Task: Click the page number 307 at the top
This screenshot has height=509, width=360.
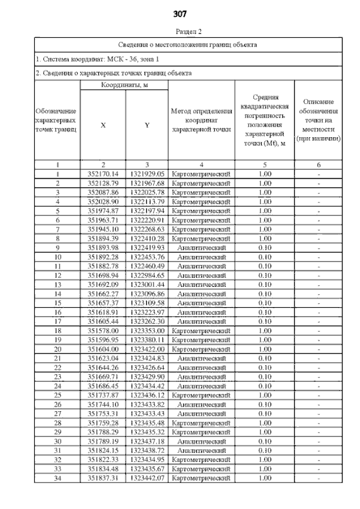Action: pyautogui.click(x=180, y=13)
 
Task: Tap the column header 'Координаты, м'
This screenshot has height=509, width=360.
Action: pyautogui.click(x=124, y=85)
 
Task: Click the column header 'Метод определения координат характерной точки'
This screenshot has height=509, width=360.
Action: pyautogui.click(x=201, y=120)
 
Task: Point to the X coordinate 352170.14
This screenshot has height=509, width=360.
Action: pyautogui.click(x=103, y=174)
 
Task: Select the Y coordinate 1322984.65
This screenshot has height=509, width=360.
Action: pyautogui.click(x=146, y=276)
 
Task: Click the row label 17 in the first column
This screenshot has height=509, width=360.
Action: pyautogui.click(x=57, y=321)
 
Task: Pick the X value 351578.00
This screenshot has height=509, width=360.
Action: pyautogui.click(x=103, y=331)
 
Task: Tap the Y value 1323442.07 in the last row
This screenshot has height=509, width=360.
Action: pyautogui.click(x=146, y=478)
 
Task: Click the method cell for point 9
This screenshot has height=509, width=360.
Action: pyautogui.click(x=201, y=247)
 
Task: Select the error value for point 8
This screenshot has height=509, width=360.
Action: pyautogui.click(x=264, y=238)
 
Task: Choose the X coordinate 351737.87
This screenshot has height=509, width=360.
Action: pyautogui.click(x=103, y=395)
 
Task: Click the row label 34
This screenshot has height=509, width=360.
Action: pyautogui.click(x=57, y=478)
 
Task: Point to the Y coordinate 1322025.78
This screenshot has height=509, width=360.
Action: pyautogui.click(x=146, y=192)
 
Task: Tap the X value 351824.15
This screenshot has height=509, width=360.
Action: pyautogui.click(x=103, y=450)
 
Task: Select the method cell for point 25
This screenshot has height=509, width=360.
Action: pyautogui.click(x=201, y=395)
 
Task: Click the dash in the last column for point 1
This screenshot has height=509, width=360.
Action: pyautogui.click(x=319, y=174)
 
